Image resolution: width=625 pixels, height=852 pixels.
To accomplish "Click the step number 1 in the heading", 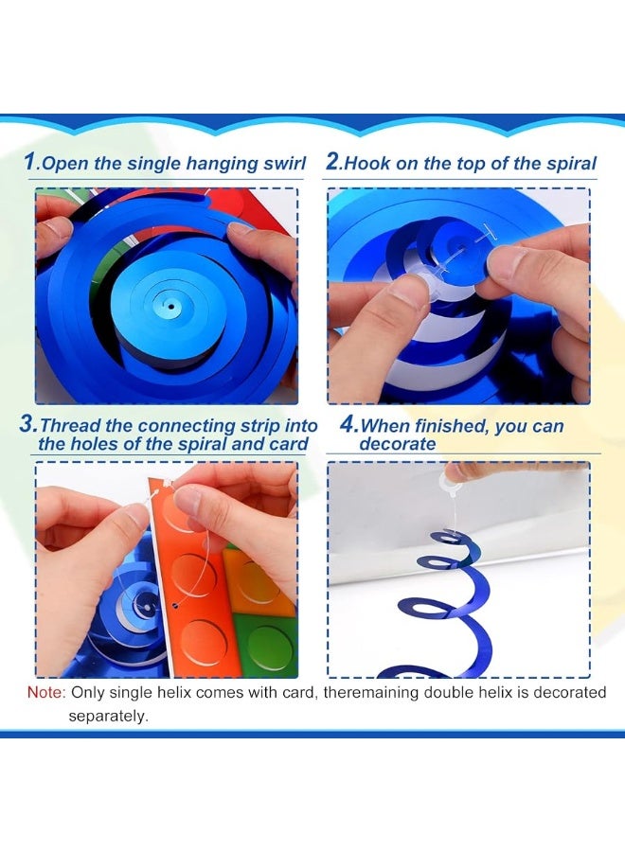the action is pyautogui.click(x=29, y=161).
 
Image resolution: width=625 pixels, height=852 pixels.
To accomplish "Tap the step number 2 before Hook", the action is pyautogui.click(x=332, y=161).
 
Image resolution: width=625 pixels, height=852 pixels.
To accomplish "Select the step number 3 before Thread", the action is pyautogui.click(x=27, y=424).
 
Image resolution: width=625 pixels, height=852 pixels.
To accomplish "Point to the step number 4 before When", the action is pyautogui.click(x=348, y=424).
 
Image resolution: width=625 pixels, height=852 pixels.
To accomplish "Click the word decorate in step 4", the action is pyautogui.click(x=398, y=444).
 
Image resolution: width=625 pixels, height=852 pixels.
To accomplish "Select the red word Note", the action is pyautogui.click(x=46, y=692).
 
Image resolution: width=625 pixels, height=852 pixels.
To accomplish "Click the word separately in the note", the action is pyautogui.click(x=108, y=717).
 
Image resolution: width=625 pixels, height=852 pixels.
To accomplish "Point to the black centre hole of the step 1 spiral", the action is pyautogui.click(x=171, y=307).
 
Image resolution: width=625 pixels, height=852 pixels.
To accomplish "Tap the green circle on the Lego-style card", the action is pyautogui.click(x=269, y=648).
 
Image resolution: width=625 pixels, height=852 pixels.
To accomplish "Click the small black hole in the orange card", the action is pyautogui.click(x=175, y=604).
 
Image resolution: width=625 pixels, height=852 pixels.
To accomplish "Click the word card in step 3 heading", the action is pyautogui.click(x=289, y=444).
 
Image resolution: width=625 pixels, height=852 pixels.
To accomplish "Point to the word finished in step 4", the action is pyautogui.click(x=453, y=425).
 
